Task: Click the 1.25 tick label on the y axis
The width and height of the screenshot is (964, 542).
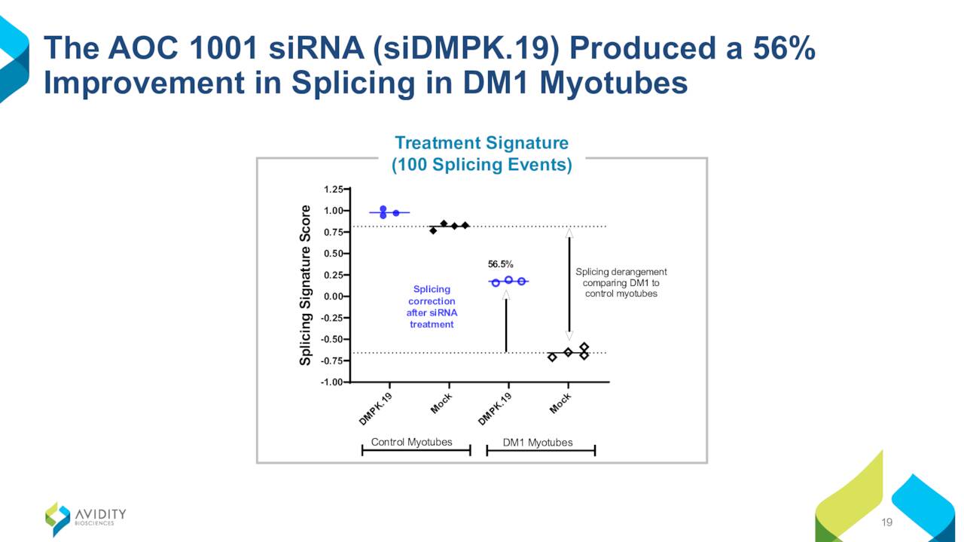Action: (x=333, y=189)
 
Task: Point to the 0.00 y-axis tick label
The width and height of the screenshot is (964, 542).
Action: (x=333, y=297)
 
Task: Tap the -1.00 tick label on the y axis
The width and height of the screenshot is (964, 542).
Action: (x=331, y=382)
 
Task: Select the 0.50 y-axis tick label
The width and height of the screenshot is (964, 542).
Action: (x=333, y=254)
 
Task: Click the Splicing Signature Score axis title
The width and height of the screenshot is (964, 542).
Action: (x=305, y=285)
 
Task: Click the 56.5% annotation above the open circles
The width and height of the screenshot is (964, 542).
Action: (x=500, y=264)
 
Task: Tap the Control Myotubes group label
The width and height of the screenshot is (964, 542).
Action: (x=411, y=442)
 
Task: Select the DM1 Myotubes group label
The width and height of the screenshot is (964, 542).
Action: (x=538, y=442)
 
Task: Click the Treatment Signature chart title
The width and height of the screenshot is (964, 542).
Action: (x=481, y=143)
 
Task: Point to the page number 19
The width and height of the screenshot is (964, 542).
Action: (x=886, y=522)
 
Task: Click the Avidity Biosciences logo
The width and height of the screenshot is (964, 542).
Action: (x=86, y=519)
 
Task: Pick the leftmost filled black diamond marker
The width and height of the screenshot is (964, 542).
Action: (x=433, y=230)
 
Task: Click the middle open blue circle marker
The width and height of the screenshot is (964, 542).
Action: (x=508, y=280)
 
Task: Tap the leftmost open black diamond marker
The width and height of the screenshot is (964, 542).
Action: (x=552, y=358)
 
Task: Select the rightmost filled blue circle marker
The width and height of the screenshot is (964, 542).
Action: (x=396, y=213)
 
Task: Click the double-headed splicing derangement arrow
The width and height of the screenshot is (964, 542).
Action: (x=569, y=285)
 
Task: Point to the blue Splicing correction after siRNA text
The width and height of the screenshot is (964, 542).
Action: (x=432, y=306)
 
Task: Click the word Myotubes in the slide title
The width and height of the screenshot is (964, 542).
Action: (x=613, y=83)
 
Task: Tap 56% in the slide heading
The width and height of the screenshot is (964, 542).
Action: (x=784, y=47)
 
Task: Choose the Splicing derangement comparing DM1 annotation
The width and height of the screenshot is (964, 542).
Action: (x=621, y=282)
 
